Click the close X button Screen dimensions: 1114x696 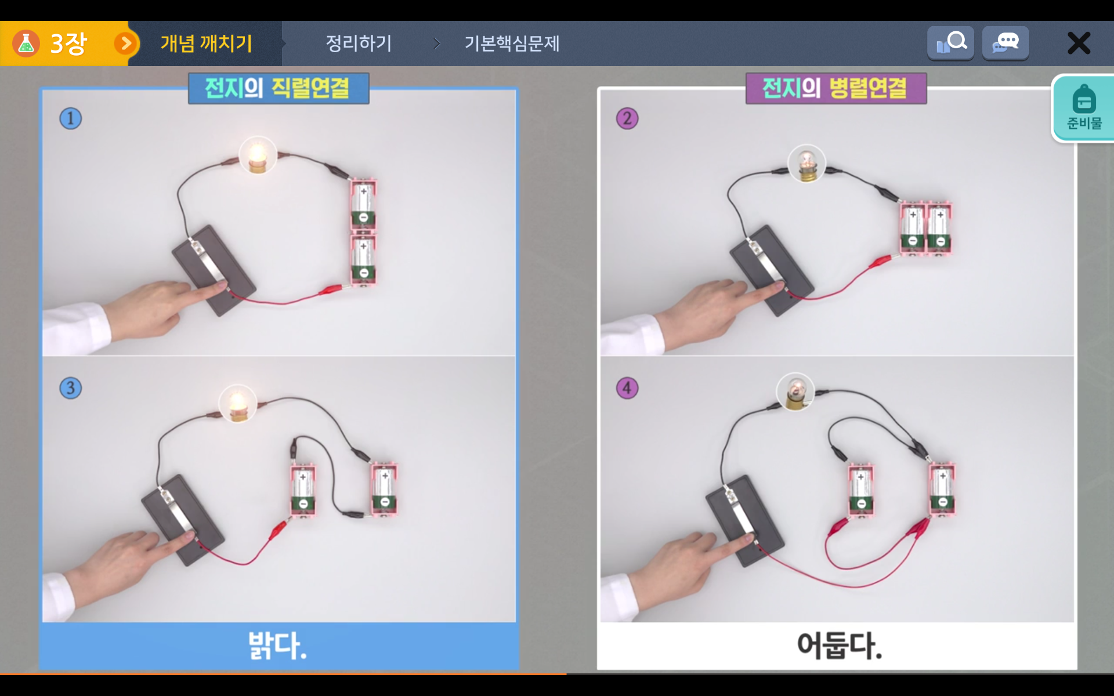1079,43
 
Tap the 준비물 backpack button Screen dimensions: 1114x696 1083,108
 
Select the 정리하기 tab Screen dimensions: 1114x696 359,43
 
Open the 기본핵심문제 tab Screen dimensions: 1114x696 512,43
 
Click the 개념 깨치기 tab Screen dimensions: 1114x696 206,43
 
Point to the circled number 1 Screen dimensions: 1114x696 71,118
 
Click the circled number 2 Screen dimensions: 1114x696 627,118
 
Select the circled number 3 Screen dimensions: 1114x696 71,388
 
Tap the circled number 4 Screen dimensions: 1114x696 627,388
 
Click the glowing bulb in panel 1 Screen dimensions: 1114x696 258,155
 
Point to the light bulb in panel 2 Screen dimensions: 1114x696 806,164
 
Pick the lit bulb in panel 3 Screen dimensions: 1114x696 238,404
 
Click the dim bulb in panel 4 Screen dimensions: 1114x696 795,392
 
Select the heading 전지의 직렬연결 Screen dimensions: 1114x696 278,88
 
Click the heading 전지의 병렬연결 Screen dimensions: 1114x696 835,88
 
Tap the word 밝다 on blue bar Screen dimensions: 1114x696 277,645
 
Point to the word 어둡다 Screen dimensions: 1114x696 839,645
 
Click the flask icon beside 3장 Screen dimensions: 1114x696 26,43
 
